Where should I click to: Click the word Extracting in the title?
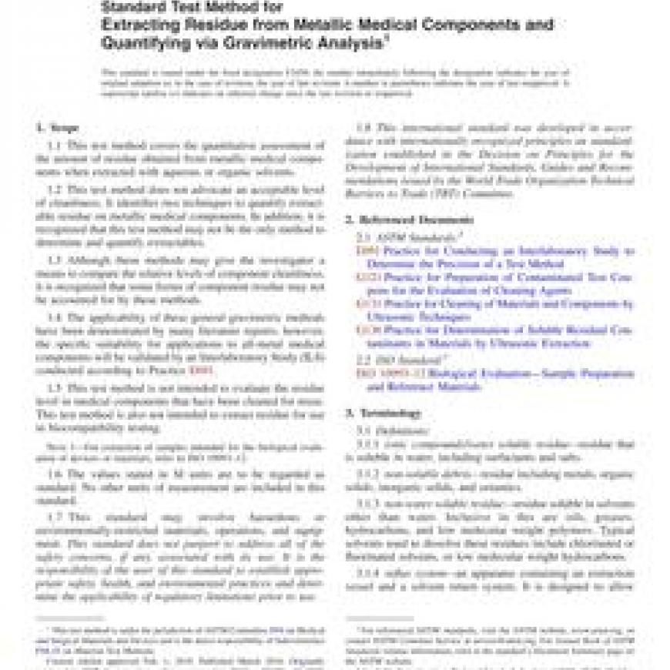(143, 25)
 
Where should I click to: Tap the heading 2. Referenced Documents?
(402, 219)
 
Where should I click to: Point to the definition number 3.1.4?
(372, 573)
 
